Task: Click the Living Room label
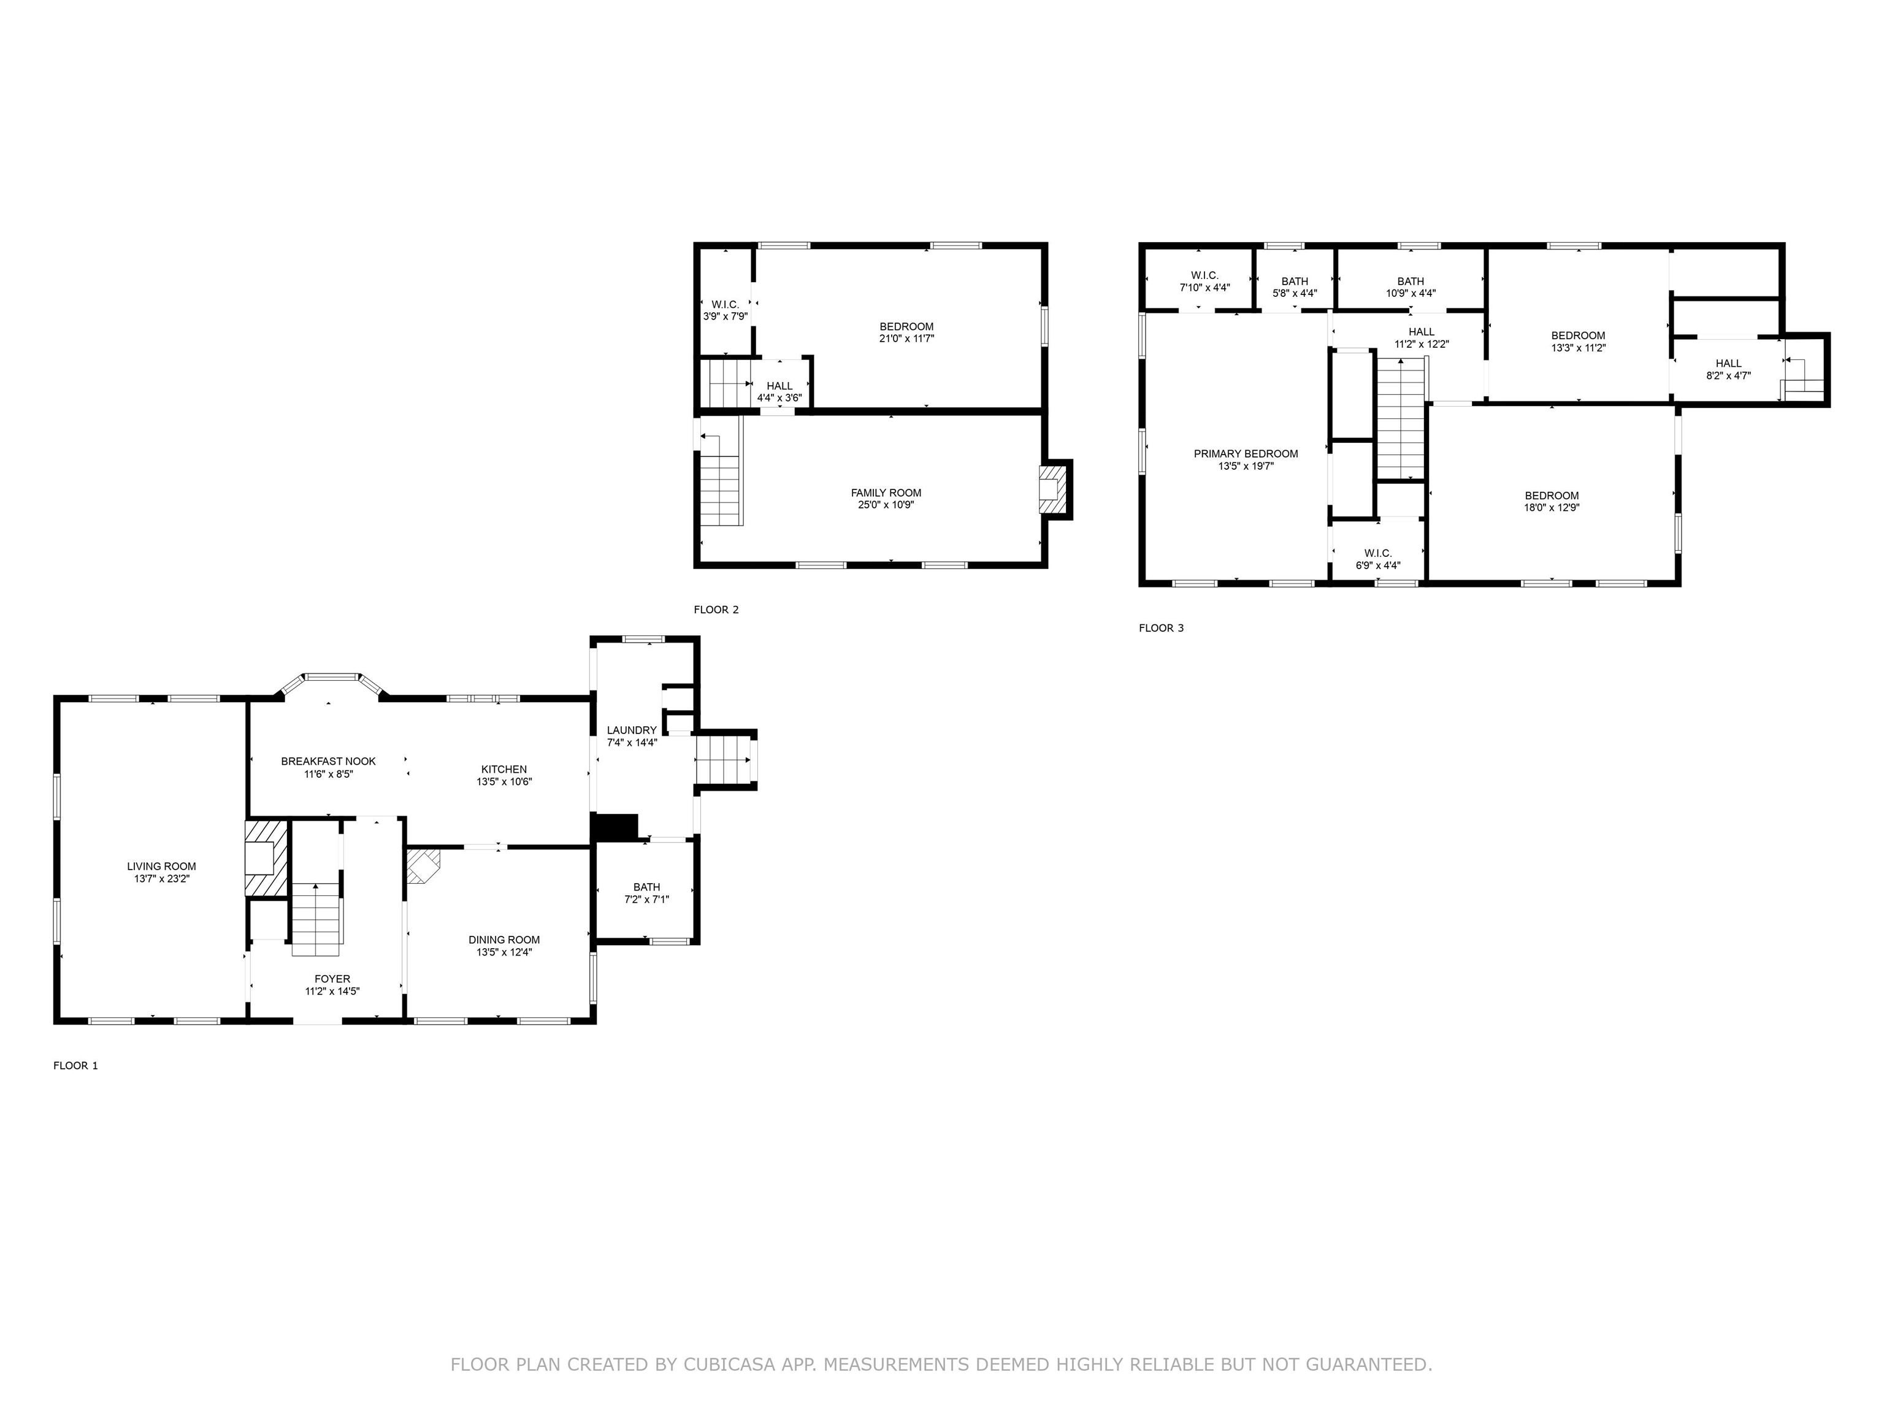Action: pyautogui.click(x=162, y=866)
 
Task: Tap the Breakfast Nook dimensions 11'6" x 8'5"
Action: pyautogui.click(x=329, y=774)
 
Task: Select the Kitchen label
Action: pyautogui.click(x=504, y=769)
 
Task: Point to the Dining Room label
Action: pyautogui.click(x=504, y=940)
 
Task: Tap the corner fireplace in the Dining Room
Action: pyautogui.click(x=423, y=866)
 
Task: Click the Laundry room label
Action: pyautogui.click(x=632, y=730)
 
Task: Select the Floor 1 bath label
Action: pyautogui.click(x=646, y=887)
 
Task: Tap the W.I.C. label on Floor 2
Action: pyautogui.click(x=726, y=304)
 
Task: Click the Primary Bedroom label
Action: pyautogui.click(x=1246, y=454)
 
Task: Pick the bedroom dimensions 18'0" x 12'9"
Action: pyautogui.click(x=1552, y=508)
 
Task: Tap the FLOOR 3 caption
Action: pyautogui.click(x=1162, y=628)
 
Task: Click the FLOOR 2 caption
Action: pyautogui.click(x=716, y=610)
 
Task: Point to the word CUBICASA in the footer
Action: pyautogui.click(x=729, y=1365)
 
